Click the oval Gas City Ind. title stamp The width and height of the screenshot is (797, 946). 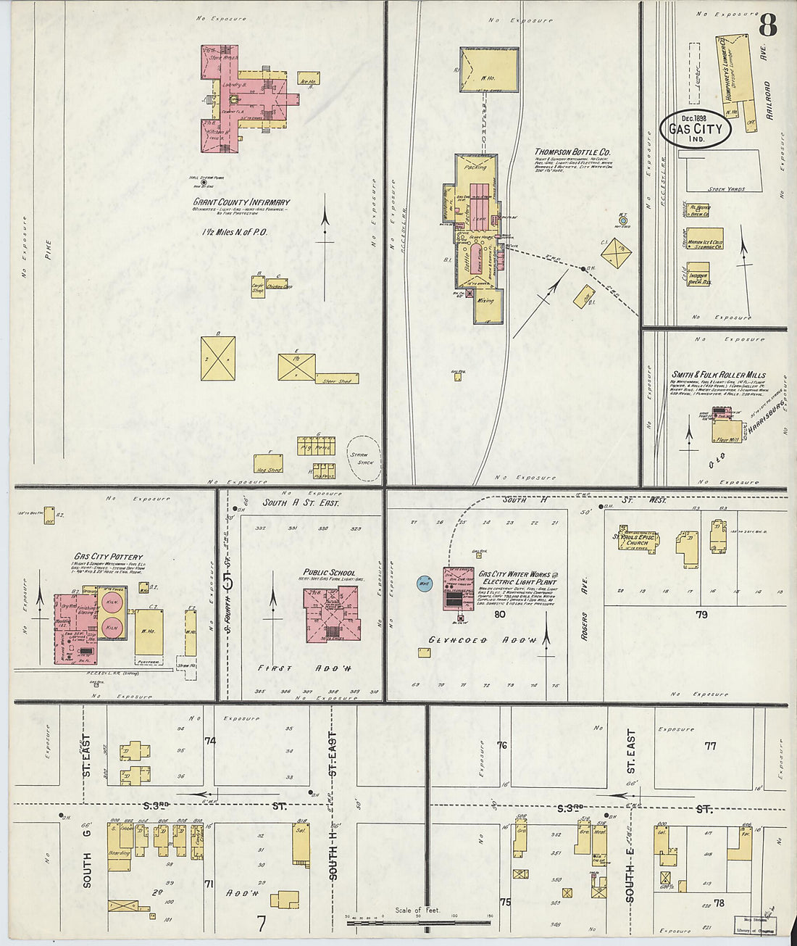click(x=695, y=129)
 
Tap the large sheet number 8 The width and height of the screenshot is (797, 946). click(x=767, y=26)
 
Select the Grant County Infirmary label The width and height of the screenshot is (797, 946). click(x=241, y=202)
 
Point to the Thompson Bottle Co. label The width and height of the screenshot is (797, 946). click(x=572, y=152)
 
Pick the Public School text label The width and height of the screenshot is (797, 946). click(x=329, y=573)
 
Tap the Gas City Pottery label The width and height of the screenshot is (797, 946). click(x=108, y=557)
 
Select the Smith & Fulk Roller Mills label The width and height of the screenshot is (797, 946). click(x=718, y=375)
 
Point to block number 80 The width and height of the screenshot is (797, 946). click(x=499, y=615)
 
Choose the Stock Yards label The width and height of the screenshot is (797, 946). click(x=727, y=188)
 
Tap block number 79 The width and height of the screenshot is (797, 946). click(x=701, y=615)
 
